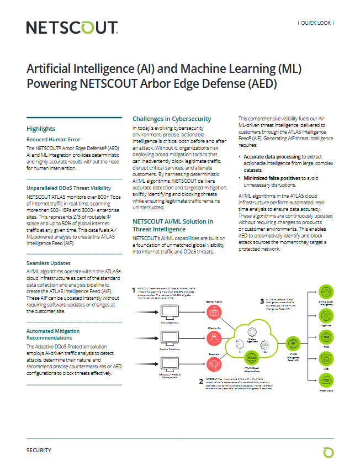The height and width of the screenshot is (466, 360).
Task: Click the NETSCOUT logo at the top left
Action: [72, 28]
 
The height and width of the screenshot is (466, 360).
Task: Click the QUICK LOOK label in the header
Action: [316, 23]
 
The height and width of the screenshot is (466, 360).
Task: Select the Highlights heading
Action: [41, 129]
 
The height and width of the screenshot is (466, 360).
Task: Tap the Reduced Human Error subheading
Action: [54, 140]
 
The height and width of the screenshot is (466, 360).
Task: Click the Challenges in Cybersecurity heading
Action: [172, 119]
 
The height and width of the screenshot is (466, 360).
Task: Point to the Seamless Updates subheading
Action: [49, 263]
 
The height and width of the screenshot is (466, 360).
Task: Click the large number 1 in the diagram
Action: [134, 290]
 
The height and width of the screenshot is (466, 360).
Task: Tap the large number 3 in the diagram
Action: [262, 301]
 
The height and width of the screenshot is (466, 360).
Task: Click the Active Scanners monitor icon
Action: [167, 311]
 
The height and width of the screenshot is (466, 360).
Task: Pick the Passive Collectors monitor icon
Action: [167, 337]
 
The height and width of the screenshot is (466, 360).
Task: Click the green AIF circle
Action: [294, 343]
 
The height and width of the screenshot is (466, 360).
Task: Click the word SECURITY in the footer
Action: [39, 451]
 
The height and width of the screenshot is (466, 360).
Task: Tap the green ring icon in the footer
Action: [329, 452]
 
